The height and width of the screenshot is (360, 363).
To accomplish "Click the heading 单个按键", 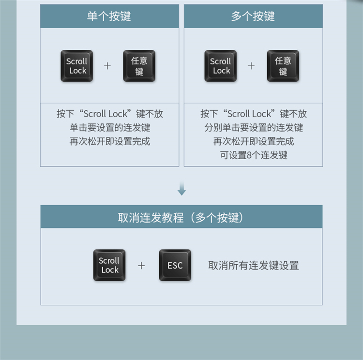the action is (x=109, y=16).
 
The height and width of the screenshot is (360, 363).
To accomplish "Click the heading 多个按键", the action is (x=253, y=16).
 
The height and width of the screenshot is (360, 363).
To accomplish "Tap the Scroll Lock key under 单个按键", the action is (x=76, y=66).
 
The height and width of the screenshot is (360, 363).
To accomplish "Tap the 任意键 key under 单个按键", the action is (x=139, y=66).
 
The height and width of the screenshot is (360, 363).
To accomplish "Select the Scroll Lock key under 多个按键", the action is (x=221, y=66).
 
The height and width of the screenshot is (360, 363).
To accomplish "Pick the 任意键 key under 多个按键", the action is (x=283, y=66).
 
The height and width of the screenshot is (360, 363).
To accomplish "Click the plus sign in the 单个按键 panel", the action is (x=107, y=66).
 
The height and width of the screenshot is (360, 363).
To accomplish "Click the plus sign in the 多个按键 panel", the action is (x=251, y=66).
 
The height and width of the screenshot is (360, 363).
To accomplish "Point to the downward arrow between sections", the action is (x=181, y=189).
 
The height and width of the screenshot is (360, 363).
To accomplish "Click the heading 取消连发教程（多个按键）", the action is (x=181, y=217).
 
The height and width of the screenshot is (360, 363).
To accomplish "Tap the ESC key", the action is (x=175, y=265).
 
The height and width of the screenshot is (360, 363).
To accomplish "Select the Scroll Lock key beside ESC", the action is (x=109, y=265).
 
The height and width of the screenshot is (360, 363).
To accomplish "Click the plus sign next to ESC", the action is (x=141, y=265).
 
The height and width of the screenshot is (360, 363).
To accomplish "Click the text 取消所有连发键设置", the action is (x=254, y=265).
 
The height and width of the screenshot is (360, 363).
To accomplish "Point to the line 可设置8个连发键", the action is (x=254, y=155).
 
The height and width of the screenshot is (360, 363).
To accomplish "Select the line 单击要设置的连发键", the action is (x=109, y=128).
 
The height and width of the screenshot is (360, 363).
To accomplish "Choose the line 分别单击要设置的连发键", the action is (x=254, y=128).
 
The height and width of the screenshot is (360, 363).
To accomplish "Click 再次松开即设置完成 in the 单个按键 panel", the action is (x=109, y=141).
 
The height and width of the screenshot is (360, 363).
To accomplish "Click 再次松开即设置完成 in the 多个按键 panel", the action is (x=254, y=141).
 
